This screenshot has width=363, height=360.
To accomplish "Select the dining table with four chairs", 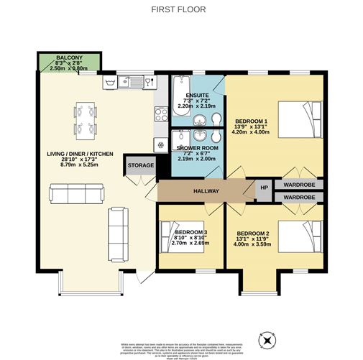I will click(85, 119).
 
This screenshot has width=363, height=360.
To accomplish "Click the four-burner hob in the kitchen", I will click(160, 114).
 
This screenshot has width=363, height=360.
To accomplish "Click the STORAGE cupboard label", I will click(141, 166).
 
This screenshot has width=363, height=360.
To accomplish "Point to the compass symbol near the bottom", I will click(267, 338).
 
